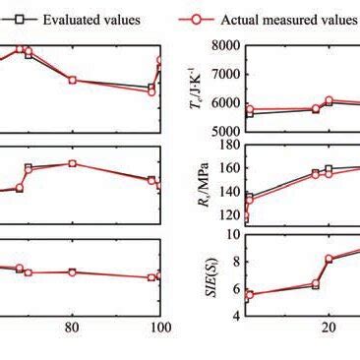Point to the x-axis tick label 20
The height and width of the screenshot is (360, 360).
pos(330,329)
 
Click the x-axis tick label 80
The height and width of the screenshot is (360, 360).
pos(72,329)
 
